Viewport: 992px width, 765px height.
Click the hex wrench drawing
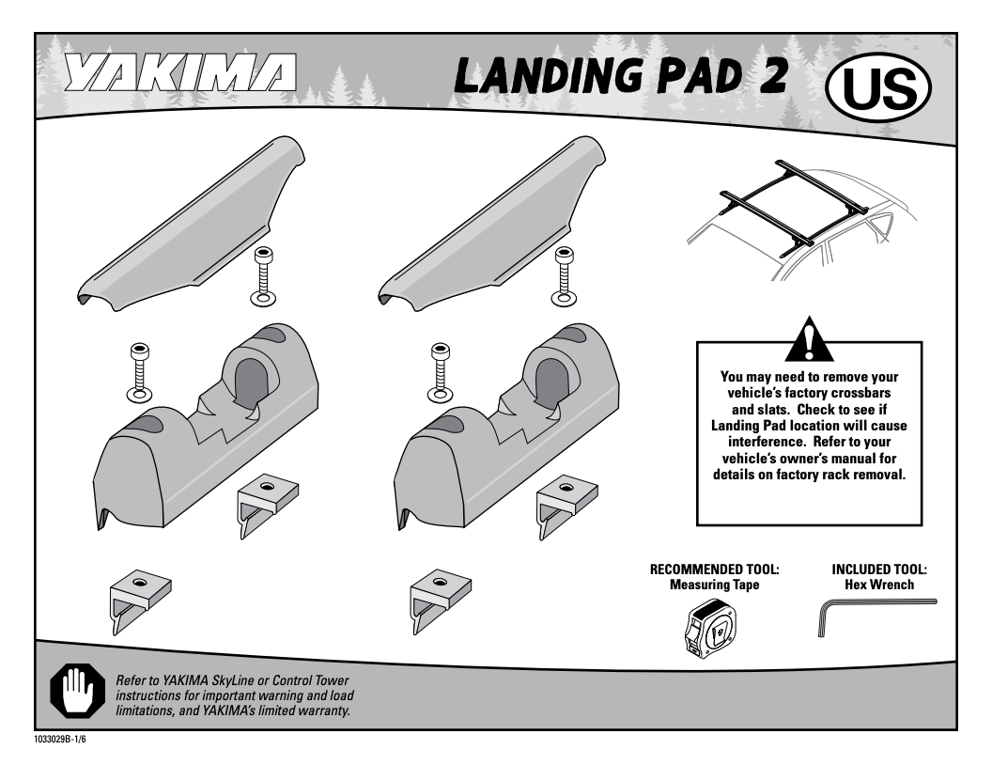coord(873,617)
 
